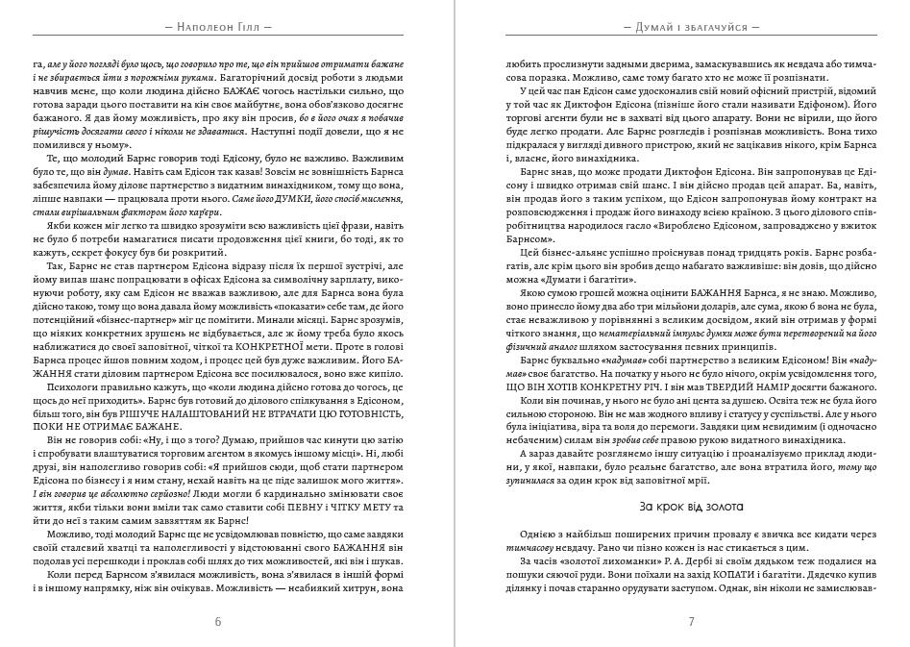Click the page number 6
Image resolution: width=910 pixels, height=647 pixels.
[218, 621]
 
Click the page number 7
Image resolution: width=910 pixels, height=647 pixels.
[691, 621]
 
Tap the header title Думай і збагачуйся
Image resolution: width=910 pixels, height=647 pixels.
[691, 27]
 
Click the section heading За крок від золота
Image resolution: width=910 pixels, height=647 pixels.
[691, 506]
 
